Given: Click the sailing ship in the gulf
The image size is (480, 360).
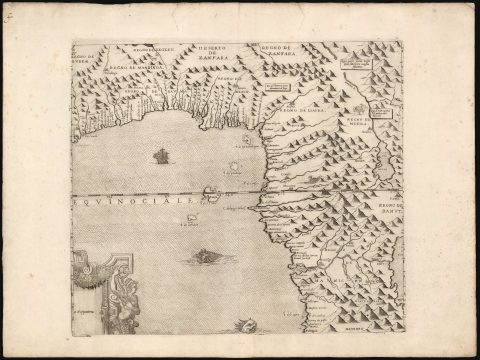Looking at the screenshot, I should coord(160,156).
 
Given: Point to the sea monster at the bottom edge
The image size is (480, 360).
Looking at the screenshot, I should coord(236,323).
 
